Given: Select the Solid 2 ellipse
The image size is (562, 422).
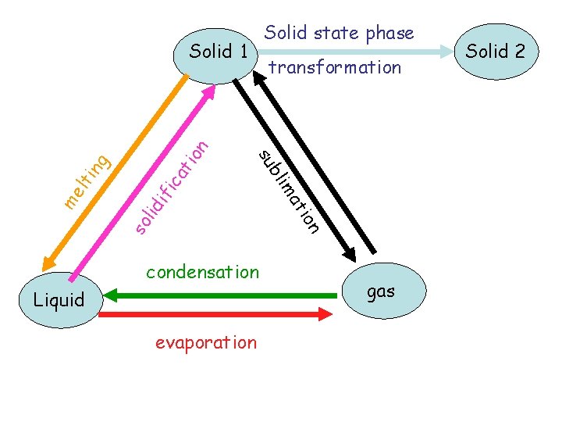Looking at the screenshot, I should [x=495, y=52].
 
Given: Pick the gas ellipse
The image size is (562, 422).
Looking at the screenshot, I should [x=381, y=291].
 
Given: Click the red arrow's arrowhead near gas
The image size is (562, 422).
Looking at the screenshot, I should [x=326, y=314].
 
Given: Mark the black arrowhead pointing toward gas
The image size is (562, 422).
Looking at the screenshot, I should [x=347, y=253].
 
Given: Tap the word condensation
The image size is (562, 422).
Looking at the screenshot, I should [x=203, y=273].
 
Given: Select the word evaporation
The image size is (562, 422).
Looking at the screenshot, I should [x=205, y=342].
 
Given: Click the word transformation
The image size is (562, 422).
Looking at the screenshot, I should [x=335, y=68].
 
